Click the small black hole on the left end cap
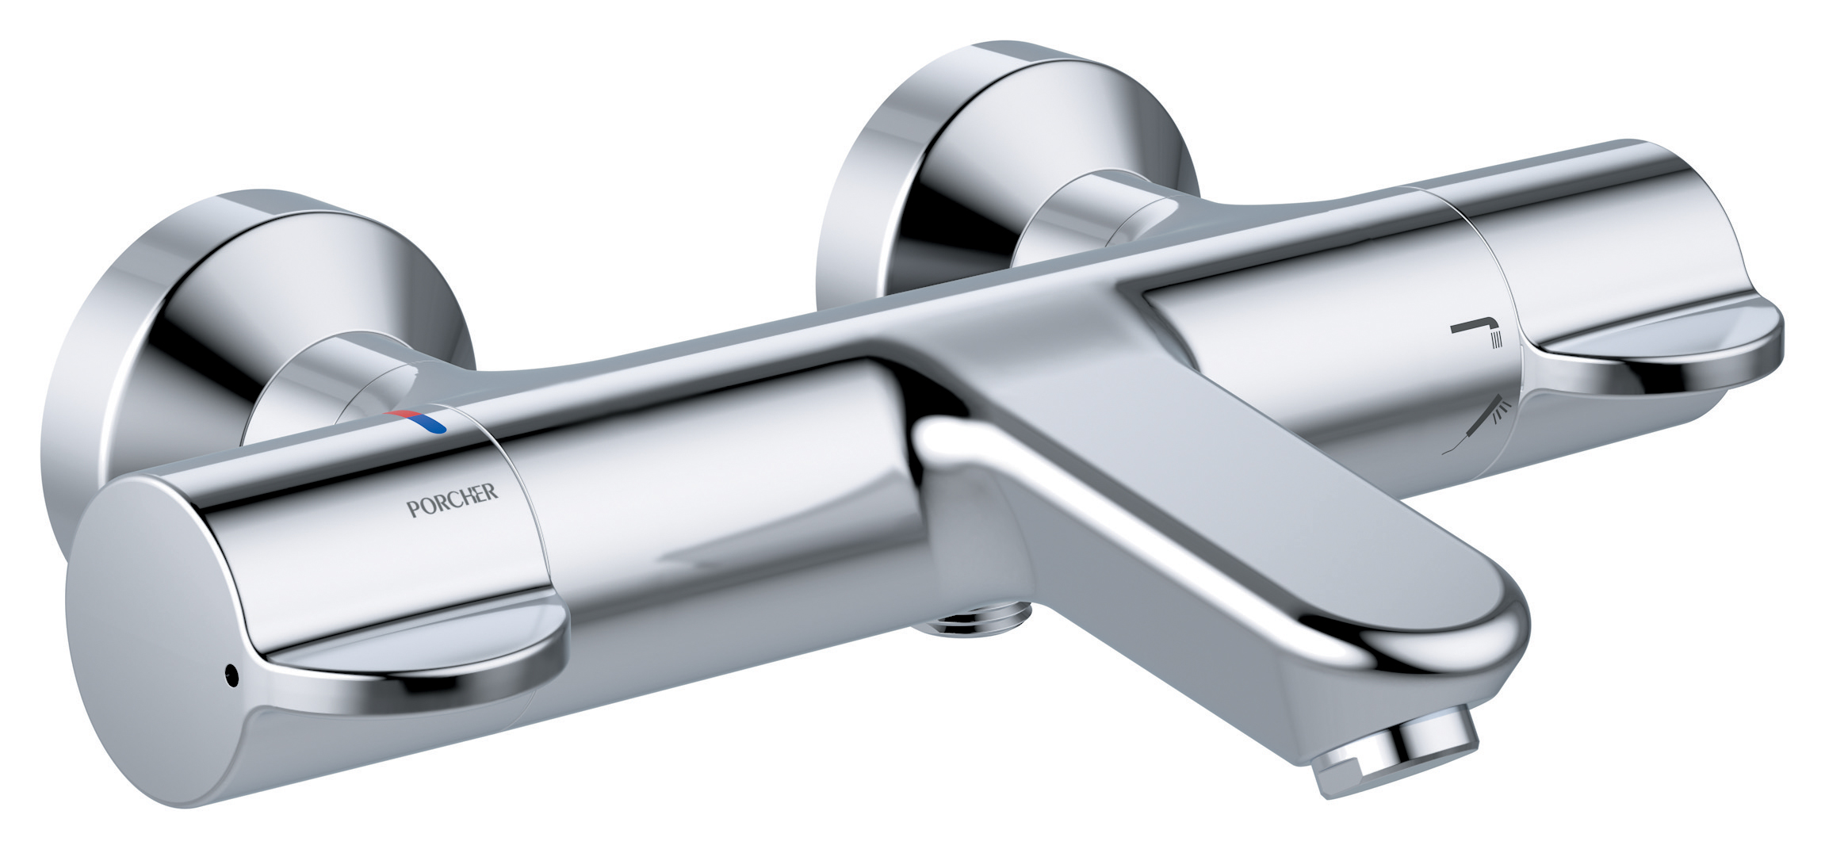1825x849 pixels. click(x=231, y=676)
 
